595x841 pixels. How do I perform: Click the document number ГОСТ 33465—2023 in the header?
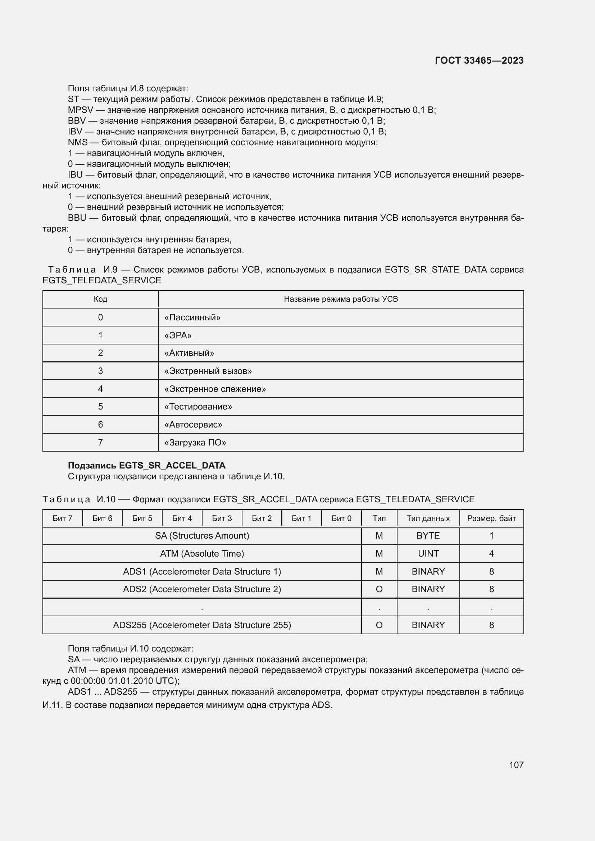point(479,60)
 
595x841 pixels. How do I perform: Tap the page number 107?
point(516,765)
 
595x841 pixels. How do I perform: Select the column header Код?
point(100,299)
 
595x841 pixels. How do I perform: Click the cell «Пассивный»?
point(192,317)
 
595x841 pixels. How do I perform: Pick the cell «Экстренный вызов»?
point(208,371)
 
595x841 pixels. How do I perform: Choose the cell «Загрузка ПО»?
point(195,443)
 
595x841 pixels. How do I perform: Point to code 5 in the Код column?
point(100,407)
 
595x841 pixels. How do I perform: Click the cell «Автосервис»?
point(193,425)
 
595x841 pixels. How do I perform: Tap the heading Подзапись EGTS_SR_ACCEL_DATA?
point(146,466)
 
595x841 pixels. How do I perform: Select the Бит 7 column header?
point(62,518)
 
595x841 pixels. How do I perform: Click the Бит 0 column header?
point(341,518)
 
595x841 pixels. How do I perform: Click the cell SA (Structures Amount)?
point(202,536)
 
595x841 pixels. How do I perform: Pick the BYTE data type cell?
point(428,536)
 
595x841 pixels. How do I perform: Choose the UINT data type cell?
point(428,554)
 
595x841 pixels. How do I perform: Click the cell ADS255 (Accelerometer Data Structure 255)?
point(202,625)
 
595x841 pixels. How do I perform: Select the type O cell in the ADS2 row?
point(379,589)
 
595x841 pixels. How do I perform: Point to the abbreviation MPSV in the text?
point(80,110)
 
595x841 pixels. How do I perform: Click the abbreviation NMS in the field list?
point(78,142)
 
